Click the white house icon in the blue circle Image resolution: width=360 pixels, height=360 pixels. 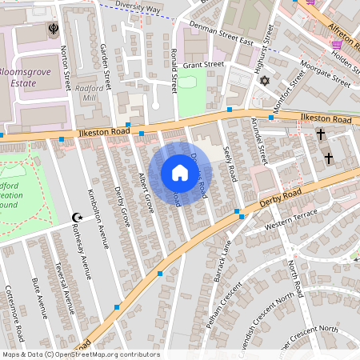180,173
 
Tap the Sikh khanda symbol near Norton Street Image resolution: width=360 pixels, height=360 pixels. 52,32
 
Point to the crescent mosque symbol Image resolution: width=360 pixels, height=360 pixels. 78,217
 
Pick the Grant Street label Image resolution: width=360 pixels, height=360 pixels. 204,65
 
